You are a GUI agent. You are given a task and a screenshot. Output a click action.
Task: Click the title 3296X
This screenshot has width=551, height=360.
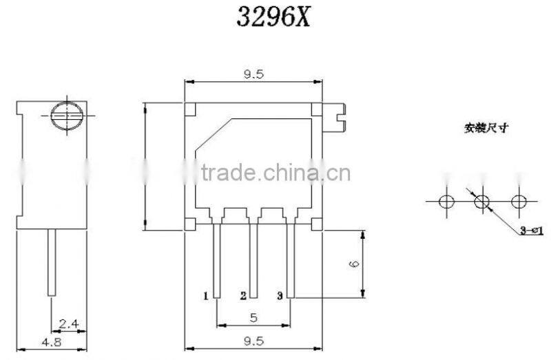click(x=275, y=17)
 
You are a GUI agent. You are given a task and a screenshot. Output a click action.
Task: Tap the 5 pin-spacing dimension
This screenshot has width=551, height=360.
click(x=253, y=317)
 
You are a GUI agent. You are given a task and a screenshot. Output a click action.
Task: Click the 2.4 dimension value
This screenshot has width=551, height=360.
click(x=69, y=322)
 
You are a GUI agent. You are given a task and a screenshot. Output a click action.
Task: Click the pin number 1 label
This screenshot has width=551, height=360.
click(x=206, y=297)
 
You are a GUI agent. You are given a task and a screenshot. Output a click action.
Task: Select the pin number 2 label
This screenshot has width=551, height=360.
click(x=243, y=297)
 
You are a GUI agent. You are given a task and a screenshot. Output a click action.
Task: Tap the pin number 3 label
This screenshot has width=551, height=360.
click(x=280, y=297)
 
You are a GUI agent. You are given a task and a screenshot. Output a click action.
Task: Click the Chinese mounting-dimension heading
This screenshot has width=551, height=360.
click(x=486, y=128)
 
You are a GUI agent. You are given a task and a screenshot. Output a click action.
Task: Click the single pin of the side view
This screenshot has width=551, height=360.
click(x=52, y=262)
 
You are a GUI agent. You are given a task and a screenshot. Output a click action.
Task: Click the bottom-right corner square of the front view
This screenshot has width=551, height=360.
click(x=316, y=224)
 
